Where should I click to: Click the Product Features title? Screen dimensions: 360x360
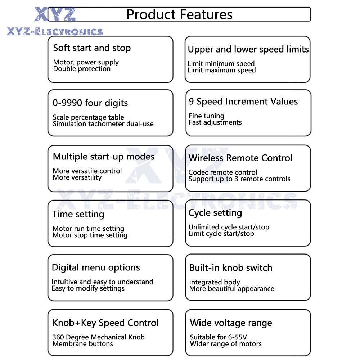coord(179,14)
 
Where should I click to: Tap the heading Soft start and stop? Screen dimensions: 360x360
coord(92,48)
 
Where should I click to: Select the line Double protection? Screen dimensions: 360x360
coord(82,69)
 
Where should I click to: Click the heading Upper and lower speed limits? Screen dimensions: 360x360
coord(248,49)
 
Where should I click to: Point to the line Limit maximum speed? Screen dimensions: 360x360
coord(221,70)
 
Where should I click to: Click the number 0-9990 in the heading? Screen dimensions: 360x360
coord(67,103)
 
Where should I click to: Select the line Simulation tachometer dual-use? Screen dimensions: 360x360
coord(103,124)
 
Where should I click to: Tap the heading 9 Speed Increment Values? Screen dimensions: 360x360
coord(243,102)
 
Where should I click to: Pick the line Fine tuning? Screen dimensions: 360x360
coord(206,116)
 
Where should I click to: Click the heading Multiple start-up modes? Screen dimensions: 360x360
coord(104,157)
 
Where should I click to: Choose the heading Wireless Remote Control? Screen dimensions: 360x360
coord(240,158)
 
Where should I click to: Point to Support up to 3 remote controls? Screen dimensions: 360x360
coord(239,179)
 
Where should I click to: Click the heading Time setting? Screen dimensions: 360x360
coord(78,214)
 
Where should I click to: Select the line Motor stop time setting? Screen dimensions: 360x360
coord(90,235)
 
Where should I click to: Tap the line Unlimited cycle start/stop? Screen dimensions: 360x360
coord(229,227)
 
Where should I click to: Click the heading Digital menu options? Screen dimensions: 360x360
coord(96,267)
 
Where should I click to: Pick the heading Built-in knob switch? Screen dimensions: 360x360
coord(231,268)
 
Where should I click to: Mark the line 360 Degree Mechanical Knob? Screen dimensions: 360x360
coord(99,337)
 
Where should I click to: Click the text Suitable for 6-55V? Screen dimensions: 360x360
coord(219,337)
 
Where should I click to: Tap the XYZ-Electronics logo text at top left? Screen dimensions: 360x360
coord(55,32)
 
